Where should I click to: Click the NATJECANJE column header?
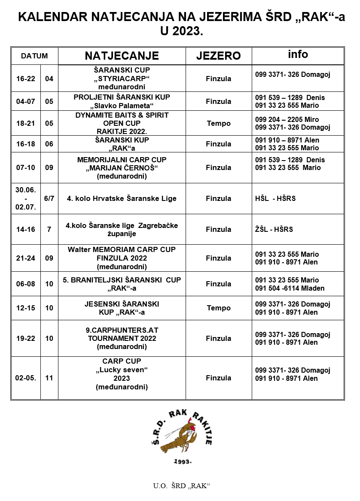tap(122, 56)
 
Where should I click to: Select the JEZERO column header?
tap(218, 56)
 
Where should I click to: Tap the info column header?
tap(298, 55)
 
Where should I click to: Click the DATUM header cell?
tap(34, 56)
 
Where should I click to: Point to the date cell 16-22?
tap(26, 79)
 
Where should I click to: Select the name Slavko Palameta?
tap(122, 106)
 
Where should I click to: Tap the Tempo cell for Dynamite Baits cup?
tap(218, 123)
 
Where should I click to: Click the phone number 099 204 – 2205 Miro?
tap(287, 119)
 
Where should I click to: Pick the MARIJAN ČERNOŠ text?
tap(122, 168)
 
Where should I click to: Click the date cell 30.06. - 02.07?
tap(26, 198)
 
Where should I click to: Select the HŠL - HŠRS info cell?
tap(275, 198)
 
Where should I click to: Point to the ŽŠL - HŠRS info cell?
tap(274, 229)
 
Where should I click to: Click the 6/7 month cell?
tap(49, 198)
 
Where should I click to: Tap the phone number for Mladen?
tap(290, 288)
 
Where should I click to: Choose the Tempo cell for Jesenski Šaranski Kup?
tap(218, 308)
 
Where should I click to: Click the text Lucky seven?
tap(122, 370)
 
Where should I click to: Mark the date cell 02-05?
tap(26, 378)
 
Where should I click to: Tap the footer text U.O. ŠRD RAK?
tap(180, 486)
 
